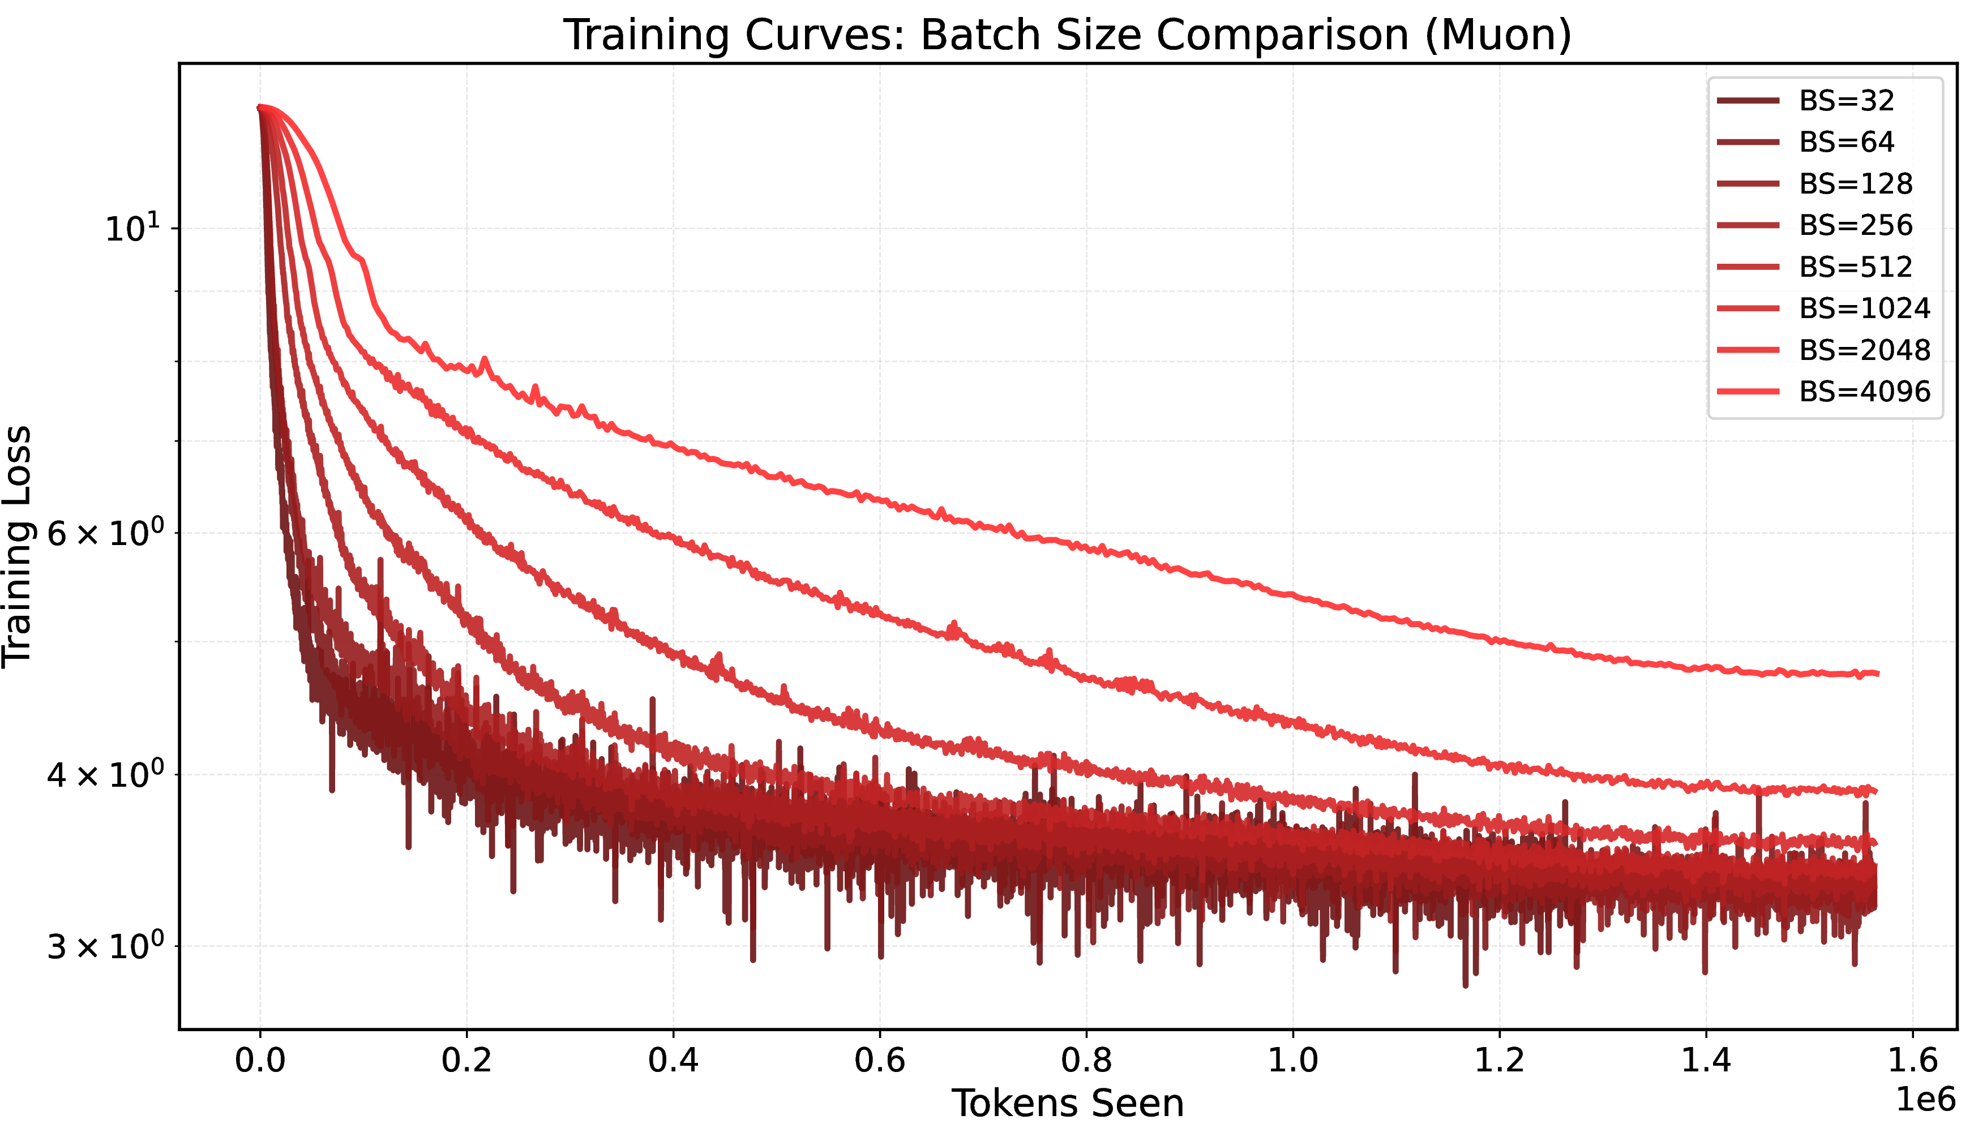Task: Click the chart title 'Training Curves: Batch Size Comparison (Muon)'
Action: pos(1068,35)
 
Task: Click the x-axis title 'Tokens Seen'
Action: pos(1068,1104)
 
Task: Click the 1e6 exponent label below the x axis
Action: pos(1925,1100)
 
